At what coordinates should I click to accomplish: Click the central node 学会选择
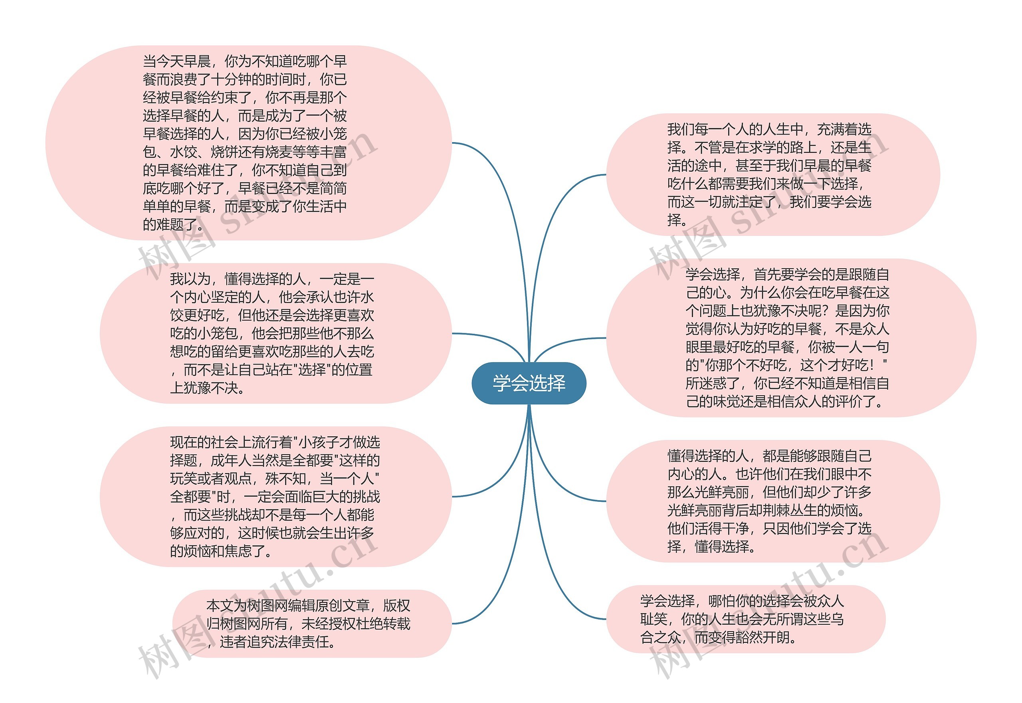[x=529, y=383]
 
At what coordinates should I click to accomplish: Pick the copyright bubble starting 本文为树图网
[x=308, y=624]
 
